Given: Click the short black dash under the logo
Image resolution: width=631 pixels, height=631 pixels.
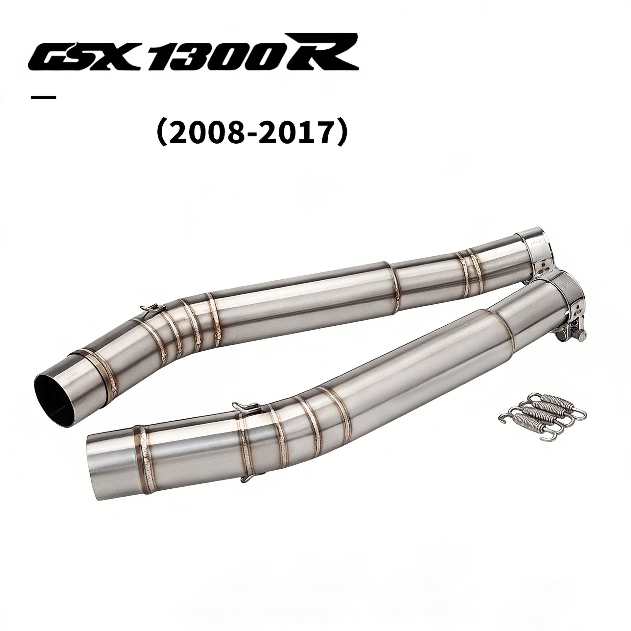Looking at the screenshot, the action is pyautogui.click(x=43, y=97).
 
